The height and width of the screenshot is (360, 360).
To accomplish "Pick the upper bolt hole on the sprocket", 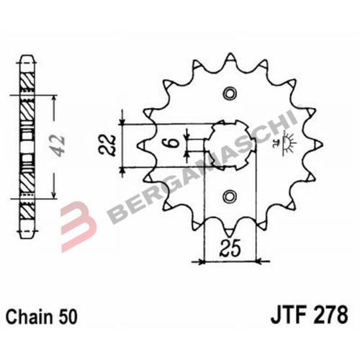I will point(229,94).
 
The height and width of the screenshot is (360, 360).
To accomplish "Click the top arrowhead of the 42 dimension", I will point(55,96).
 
